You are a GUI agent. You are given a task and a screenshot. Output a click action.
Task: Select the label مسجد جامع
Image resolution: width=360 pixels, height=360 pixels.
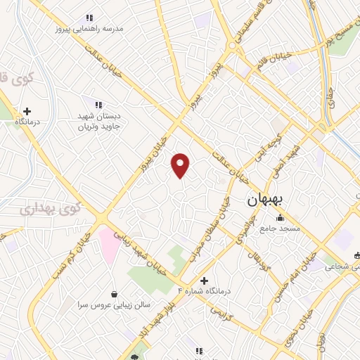(280, 229)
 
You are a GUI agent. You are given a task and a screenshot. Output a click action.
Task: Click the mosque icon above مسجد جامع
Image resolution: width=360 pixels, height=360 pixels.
(280, 218)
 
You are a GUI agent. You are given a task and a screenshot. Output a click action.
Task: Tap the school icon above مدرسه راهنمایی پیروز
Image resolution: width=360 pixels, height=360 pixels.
(89, 18)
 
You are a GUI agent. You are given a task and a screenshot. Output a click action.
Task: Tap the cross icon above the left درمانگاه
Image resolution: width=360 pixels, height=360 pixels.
(27, 111)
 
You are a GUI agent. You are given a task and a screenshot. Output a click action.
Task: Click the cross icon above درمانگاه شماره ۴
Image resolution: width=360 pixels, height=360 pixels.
(204, 280)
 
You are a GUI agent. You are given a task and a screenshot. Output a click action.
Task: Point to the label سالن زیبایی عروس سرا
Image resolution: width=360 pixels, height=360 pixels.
(115, 305)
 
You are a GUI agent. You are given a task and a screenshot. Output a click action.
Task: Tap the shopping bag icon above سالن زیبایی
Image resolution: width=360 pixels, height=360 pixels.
(115, 294)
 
